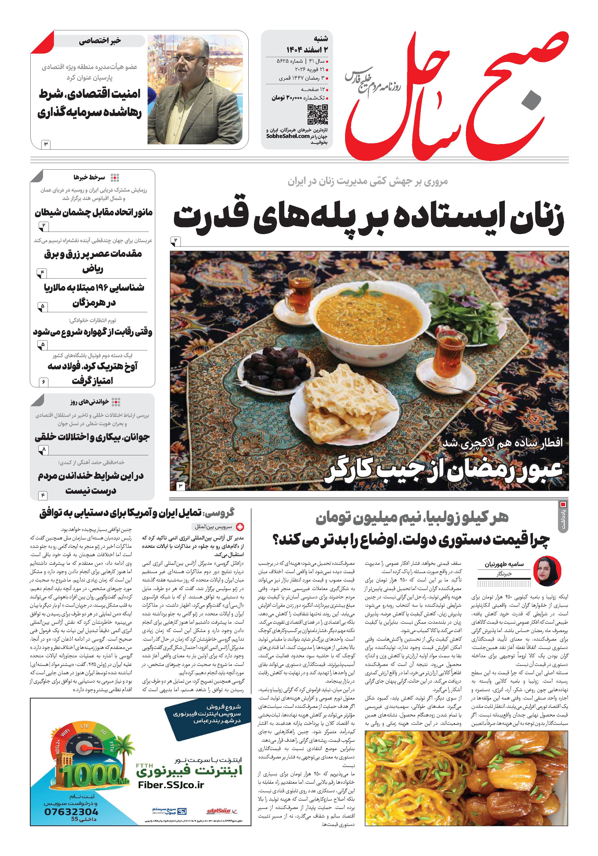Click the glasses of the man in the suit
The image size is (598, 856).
185,59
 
